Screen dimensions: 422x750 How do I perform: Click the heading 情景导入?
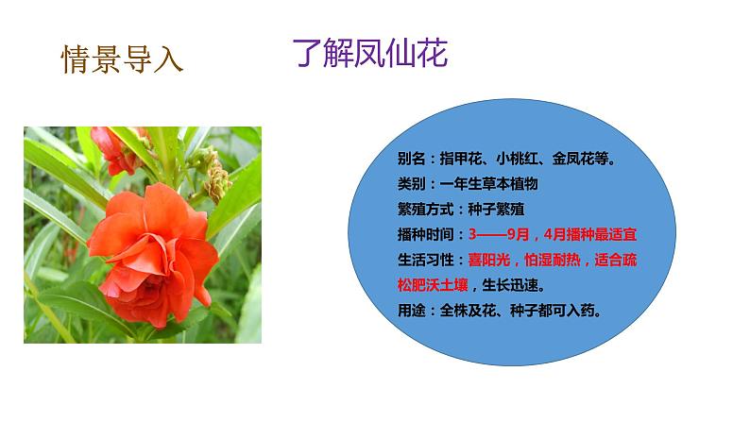[122, 59]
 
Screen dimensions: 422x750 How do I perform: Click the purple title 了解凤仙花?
[369, 54]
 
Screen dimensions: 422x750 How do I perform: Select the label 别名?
[411, 160]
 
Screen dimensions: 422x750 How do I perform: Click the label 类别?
[411, 184]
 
